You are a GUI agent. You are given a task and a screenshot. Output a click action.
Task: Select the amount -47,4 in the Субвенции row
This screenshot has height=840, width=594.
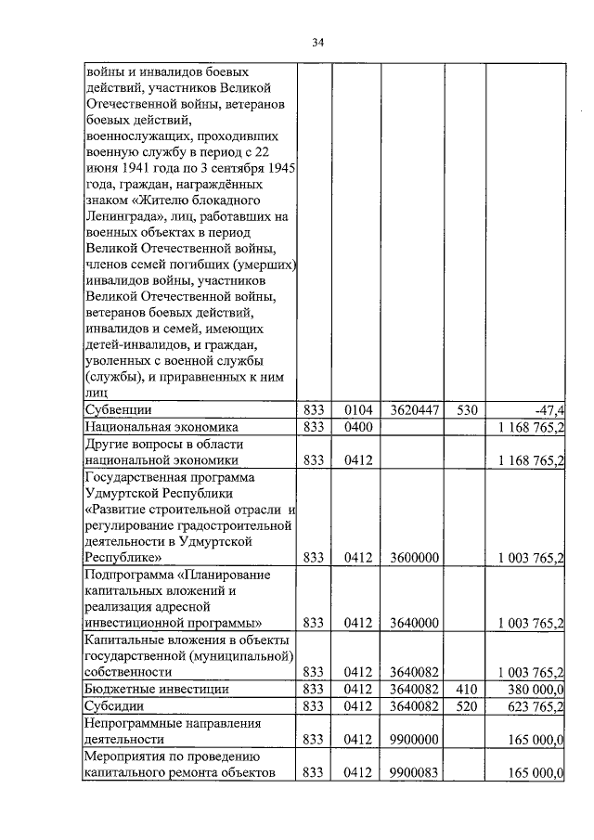[x=548, y=408]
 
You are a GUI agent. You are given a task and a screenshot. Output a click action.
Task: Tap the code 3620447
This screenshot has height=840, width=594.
[x=412, y=408]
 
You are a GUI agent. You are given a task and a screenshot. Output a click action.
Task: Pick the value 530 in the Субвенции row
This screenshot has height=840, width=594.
[x=464, y=408]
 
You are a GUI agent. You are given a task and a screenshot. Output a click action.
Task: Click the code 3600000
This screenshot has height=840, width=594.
[x=412, y=557]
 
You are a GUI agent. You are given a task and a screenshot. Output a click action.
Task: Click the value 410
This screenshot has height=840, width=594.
[x=464, y=689]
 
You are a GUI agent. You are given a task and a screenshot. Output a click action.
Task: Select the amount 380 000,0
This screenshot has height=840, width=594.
[x=534, y=689]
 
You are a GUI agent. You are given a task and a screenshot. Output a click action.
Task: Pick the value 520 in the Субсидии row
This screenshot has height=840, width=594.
[x=464, y=706]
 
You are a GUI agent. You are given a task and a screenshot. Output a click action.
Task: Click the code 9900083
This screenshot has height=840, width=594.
[x=412, y=773]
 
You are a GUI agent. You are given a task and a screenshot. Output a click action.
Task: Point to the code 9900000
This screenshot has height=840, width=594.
[x=412, y=740]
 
